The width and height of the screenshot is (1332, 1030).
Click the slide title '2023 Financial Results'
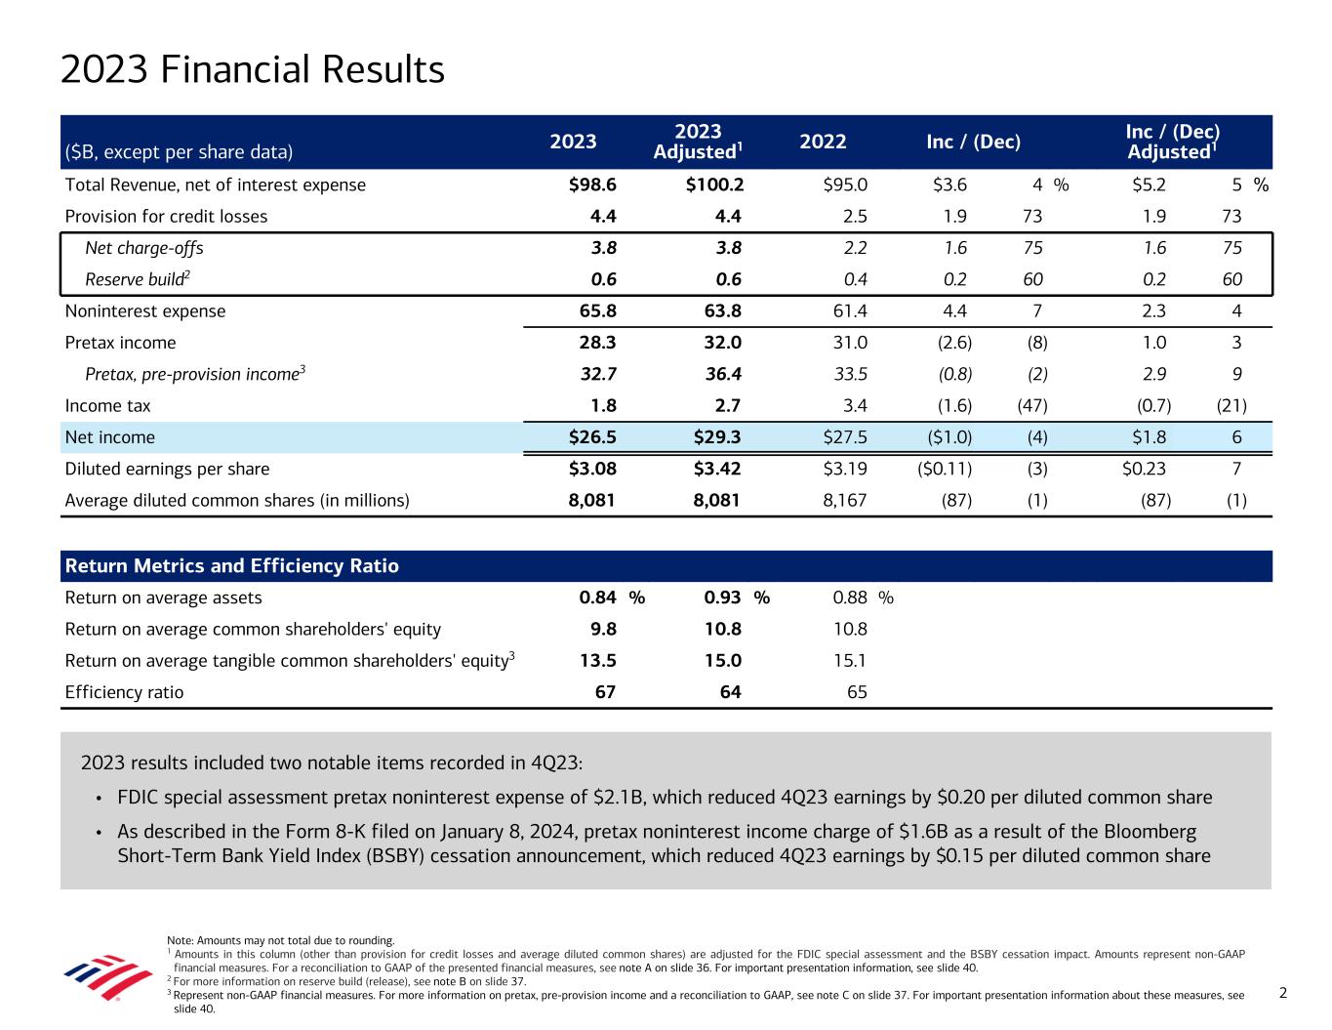pyautogui.click(x=252, y=70)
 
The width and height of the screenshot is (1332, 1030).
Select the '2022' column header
pyautogui.click(x=822, y=142)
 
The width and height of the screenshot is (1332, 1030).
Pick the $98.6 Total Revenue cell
pyautogui.click(x=592, y=185)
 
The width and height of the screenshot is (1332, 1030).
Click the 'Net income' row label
pyautogui.click(x=109, y=437)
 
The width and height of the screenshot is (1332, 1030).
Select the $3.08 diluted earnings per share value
pyautogui.click(x=592, y=469)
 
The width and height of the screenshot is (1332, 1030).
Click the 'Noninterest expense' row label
pyautogui.click(x=144, y=311)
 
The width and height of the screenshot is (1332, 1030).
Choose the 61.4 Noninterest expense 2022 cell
pyautogui.click(x=847, y=311)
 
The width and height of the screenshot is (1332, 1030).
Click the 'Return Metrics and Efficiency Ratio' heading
pyautogui.click(x=231, y=566)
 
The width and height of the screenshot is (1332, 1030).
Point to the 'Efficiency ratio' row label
pyautogui.click(x=124, y=692)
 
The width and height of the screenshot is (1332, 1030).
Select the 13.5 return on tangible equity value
pyautogui.click(x=597, y=661)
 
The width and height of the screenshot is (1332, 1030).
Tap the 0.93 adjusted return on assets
pyautogui.click(x=722, y=597)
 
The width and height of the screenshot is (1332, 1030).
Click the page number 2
pyautogui.click(x=1283, y=993)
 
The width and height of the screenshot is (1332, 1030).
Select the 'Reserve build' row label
pyautogui.click(x=137, y=279)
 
